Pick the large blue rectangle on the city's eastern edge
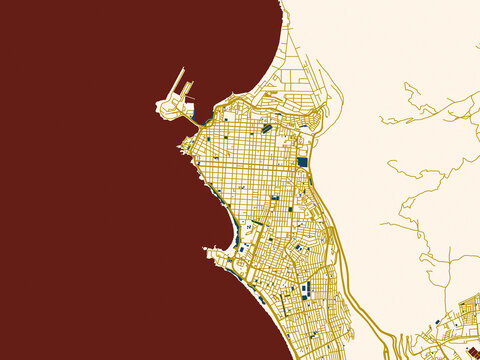[302, 161]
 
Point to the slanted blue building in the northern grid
[266, 128]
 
